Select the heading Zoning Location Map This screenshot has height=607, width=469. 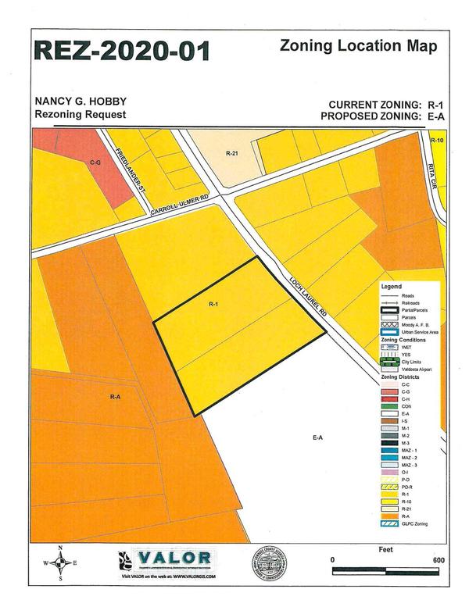click(358, 46)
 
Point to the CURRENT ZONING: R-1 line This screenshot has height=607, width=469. click(385, 104)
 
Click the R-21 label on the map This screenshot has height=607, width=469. click(231, 154)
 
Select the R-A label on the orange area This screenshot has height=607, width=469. click(116, 397)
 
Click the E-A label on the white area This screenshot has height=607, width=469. click(317, 438)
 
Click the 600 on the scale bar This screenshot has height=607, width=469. click(439, 560)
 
